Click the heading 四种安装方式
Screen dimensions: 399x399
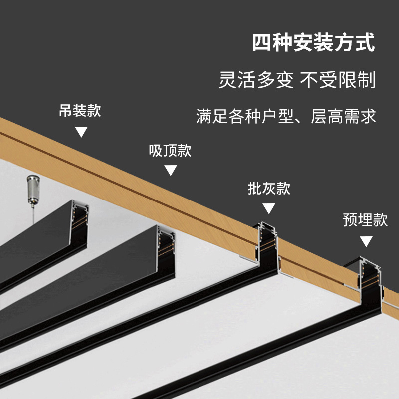click(313, 43)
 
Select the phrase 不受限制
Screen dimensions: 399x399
click(337, 79)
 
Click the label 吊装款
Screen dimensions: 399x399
click(80, 110)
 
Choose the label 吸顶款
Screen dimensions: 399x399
click(170, 150)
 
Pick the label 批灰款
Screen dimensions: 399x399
click(269, 189)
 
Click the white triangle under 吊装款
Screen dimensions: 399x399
click(81, 132)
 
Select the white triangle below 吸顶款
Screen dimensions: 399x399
click(171, 171)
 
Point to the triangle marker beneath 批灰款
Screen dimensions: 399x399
click(269, 209)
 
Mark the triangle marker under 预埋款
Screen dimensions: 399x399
click(366, 242)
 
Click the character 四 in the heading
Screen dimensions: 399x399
click(261, 43)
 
